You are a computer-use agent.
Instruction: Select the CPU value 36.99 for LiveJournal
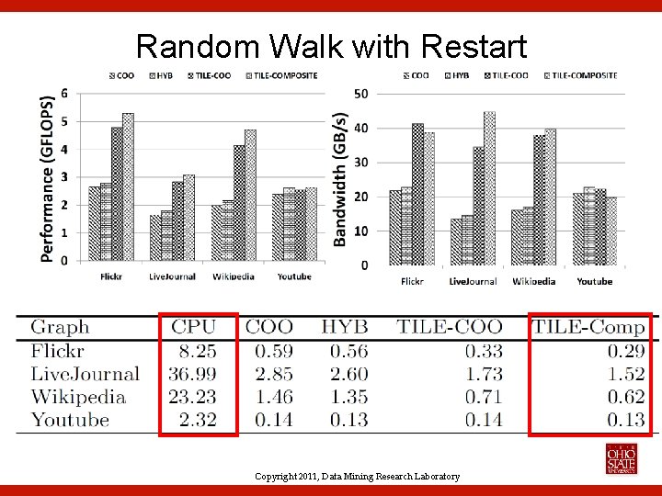pos(193,374)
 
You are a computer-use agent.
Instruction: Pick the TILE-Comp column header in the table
pos(588,327)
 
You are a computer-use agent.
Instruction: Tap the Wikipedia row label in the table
pos(78,397)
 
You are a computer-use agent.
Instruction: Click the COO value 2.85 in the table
pos(269,374)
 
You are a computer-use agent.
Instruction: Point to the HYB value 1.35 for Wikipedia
pos(345,397)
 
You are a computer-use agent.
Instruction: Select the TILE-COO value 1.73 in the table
pos(484,374)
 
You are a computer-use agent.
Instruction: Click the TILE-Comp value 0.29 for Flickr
pos(625,351)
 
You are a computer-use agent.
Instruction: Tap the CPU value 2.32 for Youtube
pos(198,420)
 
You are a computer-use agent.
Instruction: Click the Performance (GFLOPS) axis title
pos(46,179)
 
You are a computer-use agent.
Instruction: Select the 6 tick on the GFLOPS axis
pos(63,94)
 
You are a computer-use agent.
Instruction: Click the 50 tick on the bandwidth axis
pos(361,94)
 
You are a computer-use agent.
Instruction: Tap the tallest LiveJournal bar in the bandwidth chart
pos(489,188)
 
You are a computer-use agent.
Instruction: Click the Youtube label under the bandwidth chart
pos(595,281)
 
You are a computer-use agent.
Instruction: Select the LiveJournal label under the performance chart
pos(172,276)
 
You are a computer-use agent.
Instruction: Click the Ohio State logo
pos(621,458)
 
